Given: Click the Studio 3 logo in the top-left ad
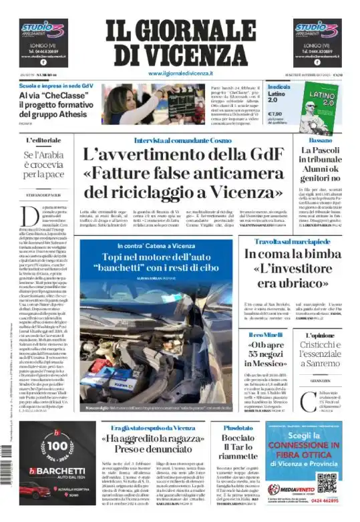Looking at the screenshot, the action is click(x=43, y=30).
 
